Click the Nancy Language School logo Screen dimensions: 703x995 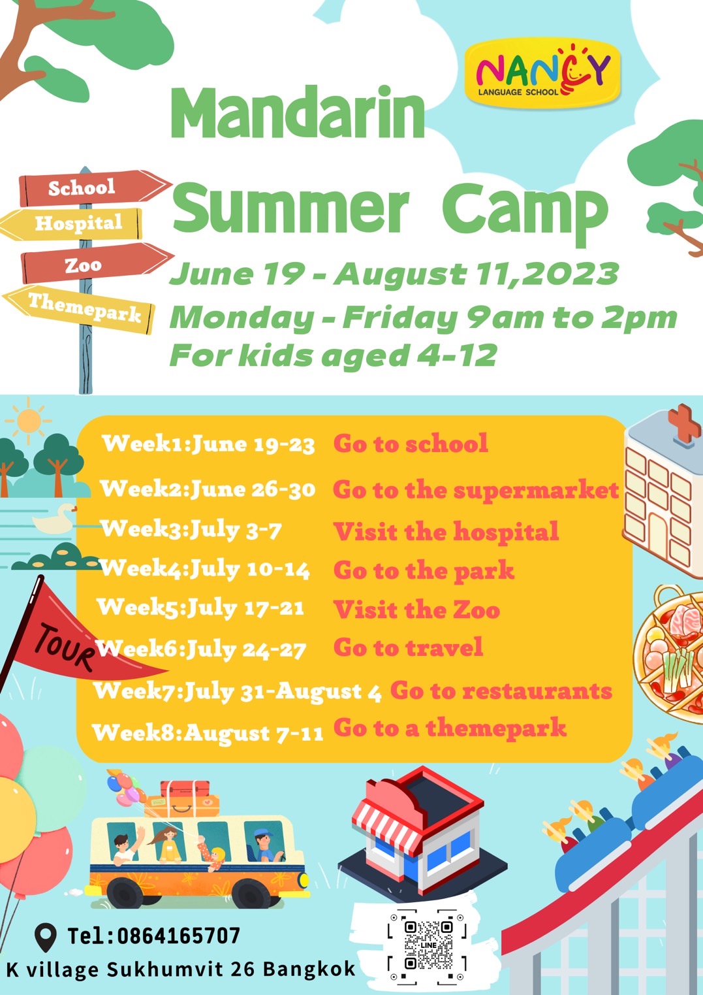pyautogui.click(x=542, y=73)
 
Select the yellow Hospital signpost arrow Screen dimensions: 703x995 pyautogui.click(x=72, y=223)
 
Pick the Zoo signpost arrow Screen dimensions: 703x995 pyautogui.click(x=97, y=264)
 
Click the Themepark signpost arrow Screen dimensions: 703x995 pyautogui.click(x=79, y=308)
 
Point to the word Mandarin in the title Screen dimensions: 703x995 pyautogui.click(x=298, y=113)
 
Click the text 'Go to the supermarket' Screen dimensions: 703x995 pyautogui.click(x=476, y=491)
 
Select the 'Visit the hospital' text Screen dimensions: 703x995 pyautogui.click(x=446, y=530)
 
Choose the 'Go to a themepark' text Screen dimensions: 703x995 pyautogui.click(x=450, y=728)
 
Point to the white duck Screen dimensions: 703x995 pyautogui.click(x=55, y=519)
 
